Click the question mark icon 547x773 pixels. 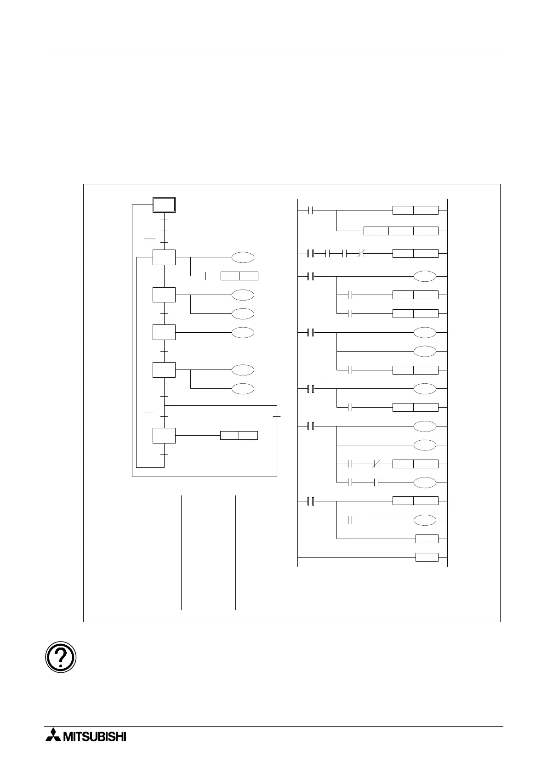coord(61,656)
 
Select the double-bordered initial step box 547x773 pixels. coord(164,205)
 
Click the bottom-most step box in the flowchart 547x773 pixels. coord(164,435)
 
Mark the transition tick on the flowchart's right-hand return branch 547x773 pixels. coord(277,416)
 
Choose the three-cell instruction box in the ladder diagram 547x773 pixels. coord(401,230)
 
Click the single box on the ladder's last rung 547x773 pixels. coord(427,557)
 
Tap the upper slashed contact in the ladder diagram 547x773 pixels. coord(360,253)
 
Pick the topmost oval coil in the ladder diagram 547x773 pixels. coord(425,276)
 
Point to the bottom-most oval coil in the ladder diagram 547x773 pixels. coord(425,520)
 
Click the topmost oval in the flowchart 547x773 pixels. coord(243,257)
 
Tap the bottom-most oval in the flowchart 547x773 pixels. coord(243,388)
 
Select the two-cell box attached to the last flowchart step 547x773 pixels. coord(239,435)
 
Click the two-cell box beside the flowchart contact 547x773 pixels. coord(239,276)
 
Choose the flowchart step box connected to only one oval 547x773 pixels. coord(164,332)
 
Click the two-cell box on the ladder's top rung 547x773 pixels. coord(416,210)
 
